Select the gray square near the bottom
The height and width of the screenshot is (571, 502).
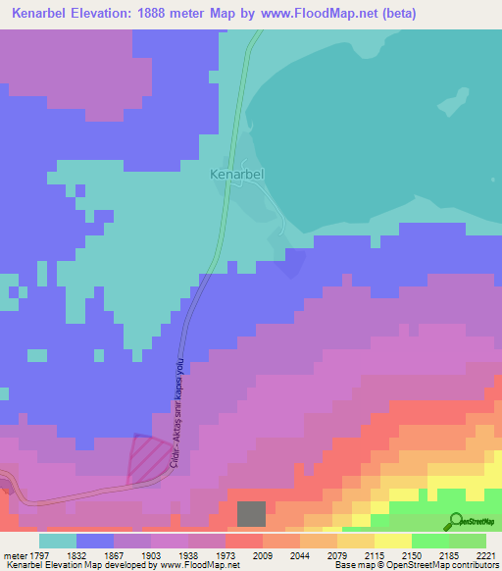tap(251, 513)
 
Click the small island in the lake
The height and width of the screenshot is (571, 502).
tap(452, 101)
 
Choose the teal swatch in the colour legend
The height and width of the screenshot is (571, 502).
tap(58, 541)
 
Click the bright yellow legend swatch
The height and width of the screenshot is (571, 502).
tap(393, 541)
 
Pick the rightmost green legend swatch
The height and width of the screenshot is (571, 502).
tap(468, 541)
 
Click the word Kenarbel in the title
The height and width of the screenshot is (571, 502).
tap(44, 14)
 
